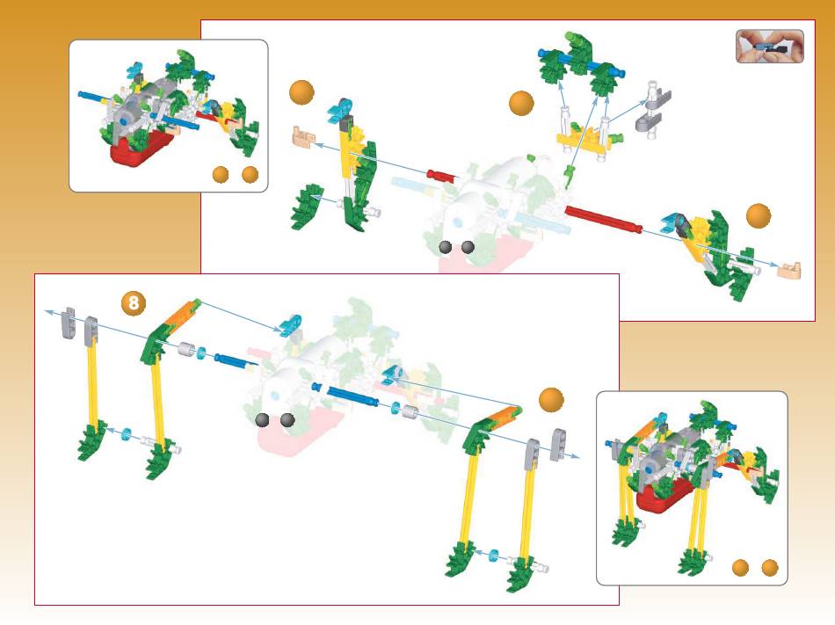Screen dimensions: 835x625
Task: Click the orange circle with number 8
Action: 133,303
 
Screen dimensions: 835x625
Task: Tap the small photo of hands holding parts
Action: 769,47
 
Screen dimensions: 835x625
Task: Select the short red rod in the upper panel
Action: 442,176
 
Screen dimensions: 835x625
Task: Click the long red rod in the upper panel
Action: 603,219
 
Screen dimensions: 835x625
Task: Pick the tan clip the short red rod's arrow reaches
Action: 303,135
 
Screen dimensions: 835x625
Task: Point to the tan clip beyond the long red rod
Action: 788,269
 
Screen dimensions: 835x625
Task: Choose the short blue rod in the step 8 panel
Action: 236,361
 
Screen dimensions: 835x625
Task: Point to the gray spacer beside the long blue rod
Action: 409,412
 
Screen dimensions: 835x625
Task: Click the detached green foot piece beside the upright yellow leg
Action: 308,206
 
